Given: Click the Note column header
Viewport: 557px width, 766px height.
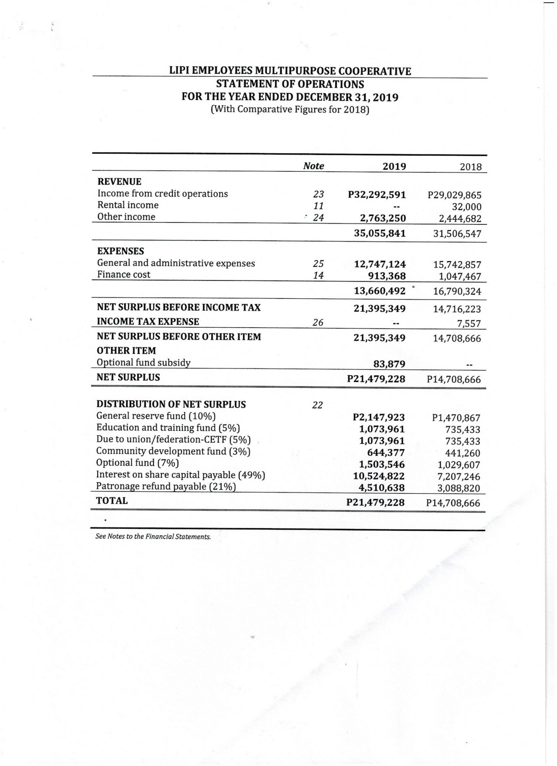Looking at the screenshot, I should (x=313, y=166).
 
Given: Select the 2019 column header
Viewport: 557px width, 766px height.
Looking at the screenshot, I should (x=394, y=166).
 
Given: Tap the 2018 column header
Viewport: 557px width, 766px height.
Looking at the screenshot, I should (x=471, y=167).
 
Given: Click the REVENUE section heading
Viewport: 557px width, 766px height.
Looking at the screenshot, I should (x=119, y=182).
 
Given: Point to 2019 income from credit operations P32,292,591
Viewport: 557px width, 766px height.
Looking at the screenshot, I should (x=377, y=194).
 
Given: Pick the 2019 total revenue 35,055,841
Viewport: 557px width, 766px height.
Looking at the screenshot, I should (x=380, y=233).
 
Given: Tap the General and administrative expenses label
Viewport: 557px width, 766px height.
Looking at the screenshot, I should (x=176, y=263).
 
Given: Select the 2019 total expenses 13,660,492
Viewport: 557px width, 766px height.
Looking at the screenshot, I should (x=380, y=291).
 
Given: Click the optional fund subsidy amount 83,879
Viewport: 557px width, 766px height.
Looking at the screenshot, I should (x=389, y=364).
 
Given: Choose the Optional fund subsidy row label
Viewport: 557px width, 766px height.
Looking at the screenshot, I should (x=144, y=362).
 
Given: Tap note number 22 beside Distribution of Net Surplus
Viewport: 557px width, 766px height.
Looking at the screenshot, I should (x=317, y=405).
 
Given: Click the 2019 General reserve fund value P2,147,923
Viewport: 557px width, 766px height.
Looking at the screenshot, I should (x=379, y=417).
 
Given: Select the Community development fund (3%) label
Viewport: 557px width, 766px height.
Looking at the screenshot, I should (x=173, y=451).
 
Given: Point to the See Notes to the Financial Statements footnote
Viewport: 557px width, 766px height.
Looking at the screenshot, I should (x=153, y=537).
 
